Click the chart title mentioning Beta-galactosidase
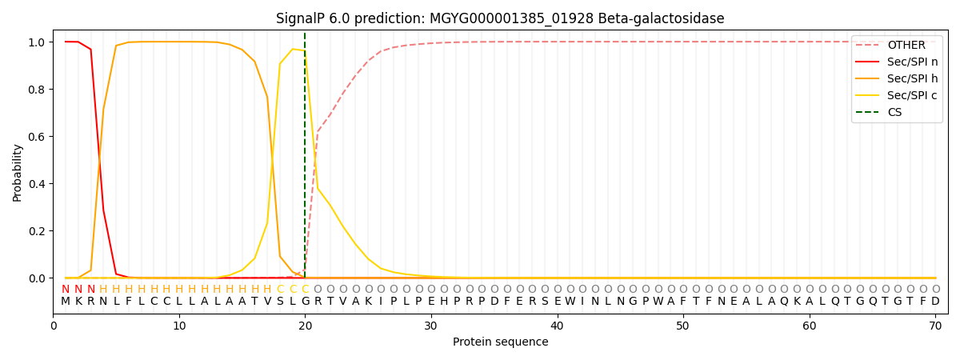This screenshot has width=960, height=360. pyautogui.click(x=500, y=18)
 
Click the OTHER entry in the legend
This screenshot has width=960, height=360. pyautogui.click(x=906, y=46)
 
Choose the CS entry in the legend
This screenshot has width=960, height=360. pyautogui.click(x=894, y=113)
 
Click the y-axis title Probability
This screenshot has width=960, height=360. pyautogui.click(x=18, y=172)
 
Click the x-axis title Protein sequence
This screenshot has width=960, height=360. pyautogui.click(x=500, y=342)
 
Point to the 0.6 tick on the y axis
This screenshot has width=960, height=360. pyautogui.click(x=37, y=137)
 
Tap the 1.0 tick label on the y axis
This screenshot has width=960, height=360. pyautogui.click(x=37, y=42)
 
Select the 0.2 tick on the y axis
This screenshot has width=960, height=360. pyautogui.click(x=37, y=231)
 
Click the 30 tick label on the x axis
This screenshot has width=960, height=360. pyautogui.click(x=431, y=326)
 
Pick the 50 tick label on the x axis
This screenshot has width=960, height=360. pyautogui.click(x=683, y=326)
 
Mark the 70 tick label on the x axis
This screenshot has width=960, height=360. pyautogui.click(x=935, y=326)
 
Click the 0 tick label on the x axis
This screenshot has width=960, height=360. pyautogui.click(x=54, y=326)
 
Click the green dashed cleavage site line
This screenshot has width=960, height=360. pyautogui.click(x=305, y=160)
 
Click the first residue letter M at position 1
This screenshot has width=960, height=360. pyautogui.click(x=66, y=302)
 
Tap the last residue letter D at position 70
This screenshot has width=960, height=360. pyautogui.click(x=935, y=302)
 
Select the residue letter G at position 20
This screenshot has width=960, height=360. pyautogui.click(x=305, y=302)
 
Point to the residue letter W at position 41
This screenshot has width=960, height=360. pyautogui.click(x=570, y=302)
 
